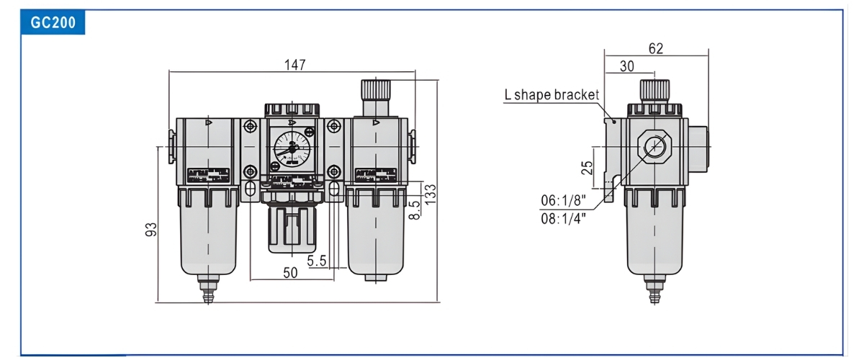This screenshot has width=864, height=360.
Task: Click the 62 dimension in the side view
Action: click(x=655, y=48)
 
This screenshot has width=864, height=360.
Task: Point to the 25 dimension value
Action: click(x=588, y=167)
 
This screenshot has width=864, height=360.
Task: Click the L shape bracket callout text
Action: click(x=551, y=94)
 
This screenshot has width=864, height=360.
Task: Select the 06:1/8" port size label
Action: click(x=562, y=200)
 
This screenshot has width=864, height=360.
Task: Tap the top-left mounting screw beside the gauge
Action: click(x=251, y=127)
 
